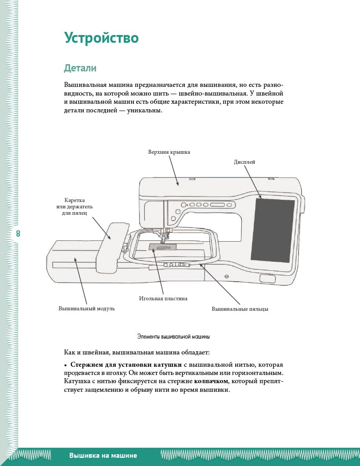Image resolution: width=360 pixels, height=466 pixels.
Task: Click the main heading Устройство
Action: (x=101, y=38)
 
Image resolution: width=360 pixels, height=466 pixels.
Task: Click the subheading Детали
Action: (x=80, y=68)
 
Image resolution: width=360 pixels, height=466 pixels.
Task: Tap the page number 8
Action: (x=18, y=234)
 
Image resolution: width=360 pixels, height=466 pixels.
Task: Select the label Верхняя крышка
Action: (x=169, y=152)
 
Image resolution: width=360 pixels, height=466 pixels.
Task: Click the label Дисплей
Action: (x=244, y=162)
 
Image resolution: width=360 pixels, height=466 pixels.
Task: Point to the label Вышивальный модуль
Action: (x=86, y=309)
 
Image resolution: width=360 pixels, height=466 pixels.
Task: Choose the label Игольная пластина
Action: (x=163, y=299)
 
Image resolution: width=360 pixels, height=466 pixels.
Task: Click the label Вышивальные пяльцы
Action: (x=240, y=309)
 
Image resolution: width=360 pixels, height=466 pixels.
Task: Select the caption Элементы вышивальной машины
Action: (x=173, y=337)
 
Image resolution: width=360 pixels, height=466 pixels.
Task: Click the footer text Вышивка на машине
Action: (x=103, y=456)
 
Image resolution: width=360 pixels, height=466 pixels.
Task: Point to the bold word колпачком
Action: (x=211, y=381)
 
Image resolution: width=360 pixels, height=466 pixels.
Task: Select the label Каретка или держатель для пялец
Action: (x=74, y=207)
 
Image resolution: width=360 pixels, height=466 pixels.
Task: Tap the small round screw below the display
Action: (x=226, y=276)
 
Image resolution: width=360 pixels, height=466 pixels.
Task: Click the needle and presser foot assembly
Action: (x=164, y=235)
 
